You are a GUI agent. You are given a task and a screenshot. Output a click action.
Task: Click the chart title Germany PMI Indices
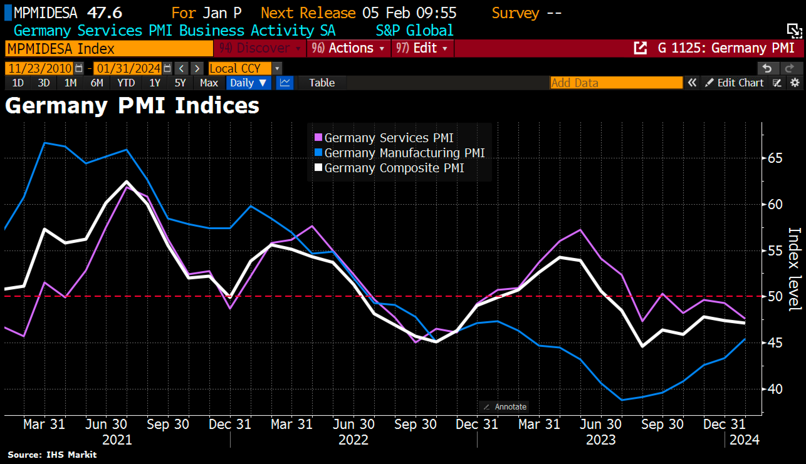tap(132, 106)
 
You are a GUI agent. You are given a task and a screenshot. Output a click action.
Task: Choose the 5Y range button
tap(180, 83)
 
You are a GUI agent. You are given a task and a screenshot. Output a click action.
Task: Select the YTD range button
tap(126, 83)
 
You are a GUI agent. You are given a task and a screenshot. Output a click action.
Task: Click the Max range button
tap(209, 83)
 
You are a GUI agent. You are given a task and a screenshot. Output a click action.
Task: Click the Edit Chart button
tap(735, 83)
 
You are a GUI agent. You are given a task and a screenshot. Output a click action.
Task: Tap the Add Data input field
tap(616, 83)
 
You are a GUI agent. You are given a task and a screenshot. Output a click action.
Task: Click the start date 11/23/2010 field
tap(40, 68)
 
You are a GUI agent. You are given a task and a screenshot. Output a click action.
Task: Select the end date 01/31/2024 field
tap(128, 68)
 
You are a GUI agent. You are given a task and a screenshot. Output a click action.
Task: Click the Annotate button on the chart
tap(505, 407)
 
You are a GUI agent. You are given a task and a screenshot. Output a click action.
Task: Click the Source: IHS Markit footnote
tap(52, 454)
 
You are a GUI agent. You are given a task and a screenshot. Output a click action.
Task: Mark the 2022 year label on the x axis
tap(353, 440)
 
